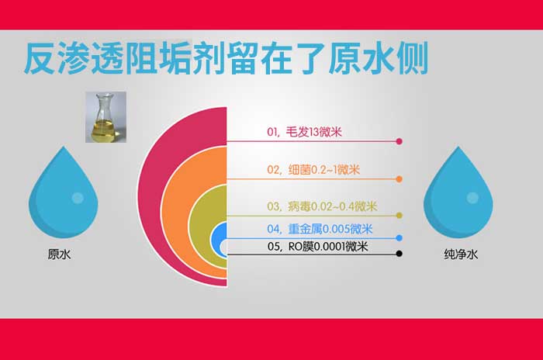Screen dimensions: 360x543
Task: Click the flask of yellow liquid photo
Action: pyautogui.click(x=105, y=116)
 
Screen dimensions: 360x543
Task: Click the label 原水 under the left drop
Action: pyautogui.click(x=59, y=254)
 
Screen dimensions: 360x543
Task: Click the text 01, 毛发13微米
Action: pyautogui.click(x=303, y=133)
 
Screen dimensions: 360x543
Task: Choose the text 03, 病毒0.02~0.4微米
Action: pyautogui.click(x=321, y=206)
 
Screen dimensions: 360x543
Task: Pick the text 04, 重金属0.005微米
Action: pyautogui.click(x=319, y=229)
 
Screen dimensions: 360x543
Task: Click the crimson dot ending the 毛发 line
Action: pyautogui.click(x=399, y=142)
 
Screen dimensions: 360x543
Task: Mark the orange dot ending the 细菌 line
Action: pyautogui.click(x=399, y=178)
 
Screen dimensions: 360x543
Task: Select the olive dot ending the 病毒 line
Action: pyautogui.click(x=399, y=215)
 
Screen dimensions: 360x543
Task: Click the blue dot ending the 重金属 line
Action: pyautogui.click(x=399, y=237)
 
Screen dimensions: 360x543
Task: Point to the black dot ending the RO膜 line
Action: pyautogui.click(x=399, y=253)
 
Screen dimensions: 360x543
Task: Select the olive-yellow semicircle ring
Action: pyautogui.click(x=198, y=225)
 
